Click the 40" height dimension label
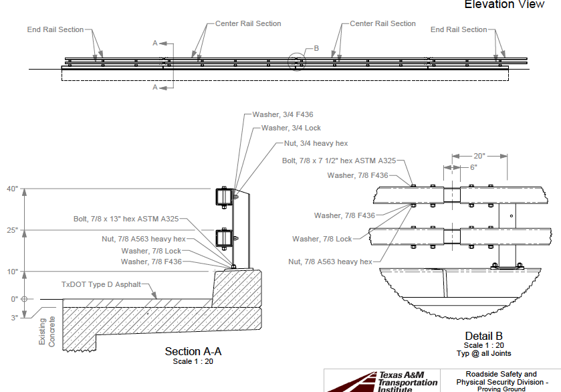pos(11,189)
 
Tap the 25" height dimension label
pos(11,230)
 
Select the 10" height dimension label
pos(11,272)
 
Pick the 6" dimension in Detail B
pos(473,167)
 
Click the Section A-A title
pos(193,351)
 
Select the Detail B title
pos(483,336)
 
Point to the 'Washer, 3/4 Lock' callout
pos(291,128)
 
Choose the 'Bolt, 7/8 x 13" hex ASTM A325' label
pos(126,219)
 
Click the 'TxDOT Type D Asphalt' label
pos(101,284)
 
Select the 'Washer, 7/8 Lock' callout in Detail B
pos(322,239)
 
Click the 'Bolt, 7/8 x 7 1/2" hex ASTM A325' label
pos(339,161)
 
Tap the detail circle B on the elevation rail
pos(296,62)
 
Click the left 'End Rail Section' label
pos(55,29)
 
